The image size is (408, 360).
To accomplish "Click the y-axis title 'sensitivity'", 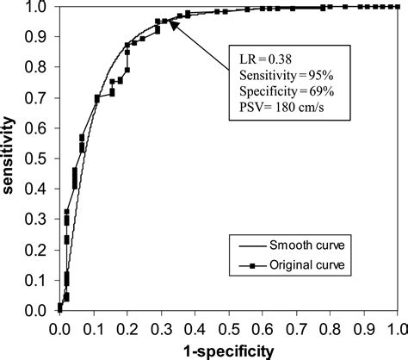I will (x=12, y=156).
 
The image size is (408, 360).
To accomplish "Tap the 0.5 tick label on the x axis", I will (x=228, y=327).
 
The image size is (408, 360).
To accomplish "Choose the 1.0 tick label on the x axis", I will (x=396, y=327).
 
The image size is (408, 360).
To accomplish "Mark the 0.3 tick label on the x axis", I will (x=161, y=327).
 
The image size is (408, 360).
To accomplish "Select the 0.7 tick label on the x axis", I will (x=295, y=327).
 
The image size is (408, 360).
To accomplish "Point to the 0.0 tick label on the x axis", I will (x=60, y=327).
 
